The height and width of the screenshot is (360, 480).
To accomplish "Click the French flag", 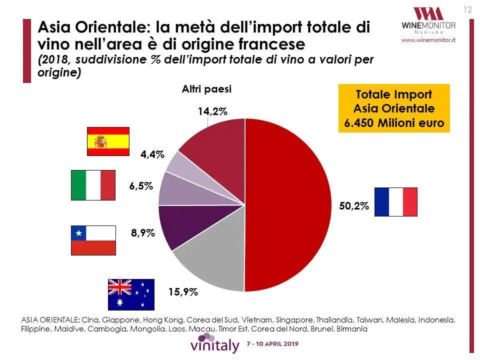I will click(396, 202).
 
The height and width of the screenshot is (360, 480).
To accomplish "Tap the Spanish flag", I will click(108, 141).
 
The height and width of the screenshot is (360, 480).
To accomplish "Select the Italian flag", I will click(93, 184).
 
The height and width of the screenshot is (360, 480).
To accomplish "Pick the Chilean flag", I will click(93, 240).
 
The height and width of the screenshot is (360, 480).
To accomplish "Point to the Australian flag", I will click(131, 294).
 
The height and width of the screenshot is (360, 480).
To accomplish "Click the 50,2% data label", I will click(353, 205).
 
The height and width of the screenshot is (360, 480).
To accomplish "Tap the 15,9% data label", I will click(183, 292).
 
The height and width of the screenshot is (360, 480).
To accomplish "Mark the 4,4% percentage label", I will click(152, 154).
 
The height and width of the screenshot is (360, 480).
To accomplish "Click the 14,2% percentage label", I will click(212, 112).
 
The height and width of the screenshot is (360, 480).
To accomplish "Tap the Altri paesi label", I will click(206, 89).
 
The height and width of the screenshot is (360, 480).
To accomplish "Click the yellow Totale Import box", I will click(394, 108).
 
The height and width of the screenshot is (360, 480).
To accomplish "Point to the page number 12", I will click(468, 9).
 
